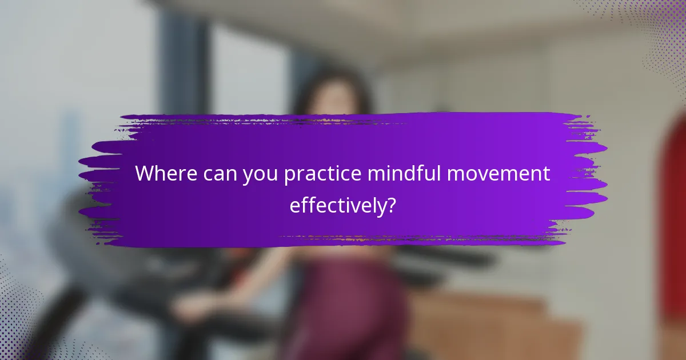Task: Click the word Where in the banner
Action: pos(166,174)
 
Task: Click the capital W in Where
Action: pos(146,174)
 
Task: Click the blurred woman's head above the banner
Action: pos(332,94)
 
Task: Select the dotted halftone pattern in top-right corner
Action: pos(657,34)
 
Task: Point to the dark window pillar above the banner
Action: pos(183,63)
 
